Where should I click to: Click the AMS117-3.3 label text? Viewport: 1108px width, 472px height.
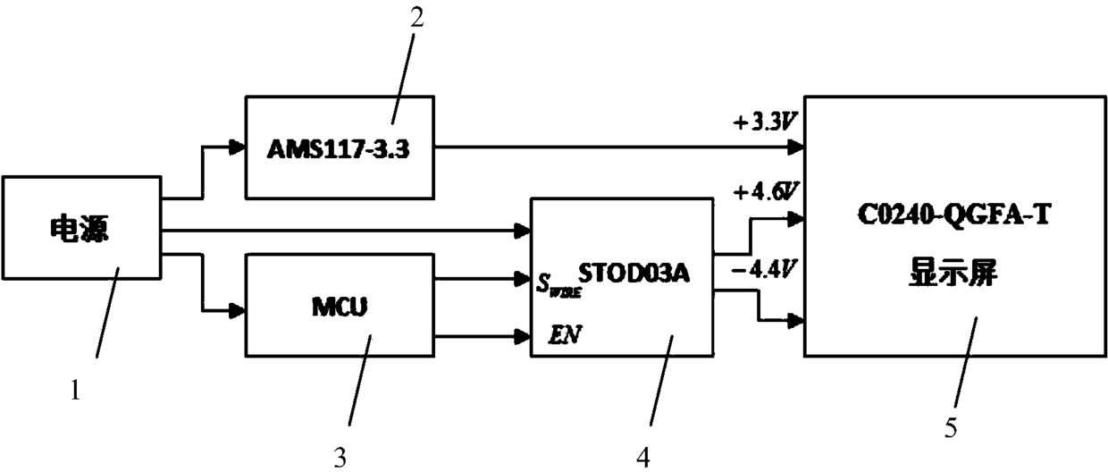pyautogui.click(x=339, y=148)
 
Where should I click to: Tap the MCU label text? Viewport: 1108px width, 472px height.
pyautogui.click(x=340, y=307)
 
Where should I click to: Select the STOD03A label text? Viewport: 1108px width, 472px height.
pyautogui.click(x=634, y=273)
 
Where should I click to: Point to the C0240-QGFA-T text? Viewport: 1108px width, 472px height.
pyautogui.click(x=953, y=215)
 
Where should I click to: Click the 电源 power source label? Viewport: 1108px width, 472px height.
pyautogui.click(x=80, y=229)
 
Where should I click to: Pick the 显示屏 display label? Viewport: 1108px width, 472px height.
pyautogui.click(x=953, y=272)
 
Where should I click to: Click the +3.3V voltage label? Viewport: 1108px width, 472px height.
pyautogui.click(x=765, y=122)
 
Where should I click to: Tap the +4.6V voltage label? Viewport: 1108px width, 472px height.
pyautogui.click(x=766, y=191)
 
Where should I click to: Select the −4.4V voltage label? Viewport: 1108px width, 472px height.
pyautogui.click(x=763, y=270)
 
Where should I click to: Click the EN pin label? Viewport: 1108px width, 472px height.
pyautogui.click(x=565, y=334)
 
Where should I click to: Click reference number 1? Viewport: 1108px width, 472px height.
pyautogui.click(x=75, y=390)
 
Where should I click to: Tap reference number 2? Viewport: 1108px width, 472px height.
pyautogui.click(x=417, y=17)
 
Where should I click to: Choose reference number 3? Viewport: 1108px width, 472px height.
pyautogui.click(x=340, y=458)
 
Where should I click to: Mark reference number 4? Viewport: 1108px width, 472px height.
pyautogui.click(x=643, y=458)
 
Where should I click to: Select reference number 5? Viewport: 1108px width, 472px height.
pyautogui.click(x=951, y=428)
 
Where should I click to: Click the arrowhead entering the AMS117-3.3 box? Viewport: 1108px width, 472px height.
pyautogui.click(x=238, y=147)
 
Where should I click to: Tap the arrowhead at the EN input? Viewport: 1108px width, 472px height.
pyautogui.click(x=523, y=337)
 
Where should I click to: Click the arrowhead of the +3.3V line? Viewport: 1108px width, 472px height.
pyautogui.click(x=796, y=147)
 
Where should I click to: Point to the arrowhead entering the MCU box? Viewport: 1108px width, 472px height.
pyautogui.click(x=238, y=311)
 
